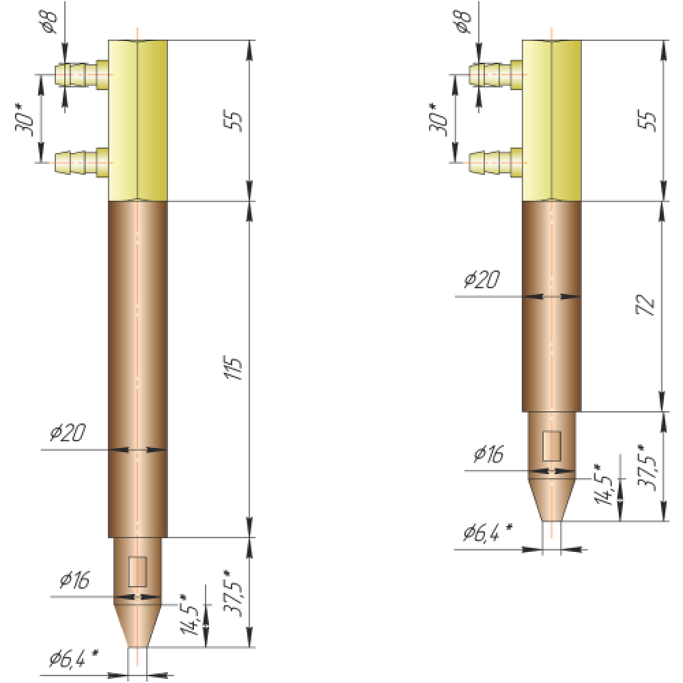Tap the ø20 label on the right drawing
click(482, 279)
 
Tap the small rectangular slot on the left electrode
click(138, 572)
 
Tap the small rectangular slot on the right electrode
click(551, 445)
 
